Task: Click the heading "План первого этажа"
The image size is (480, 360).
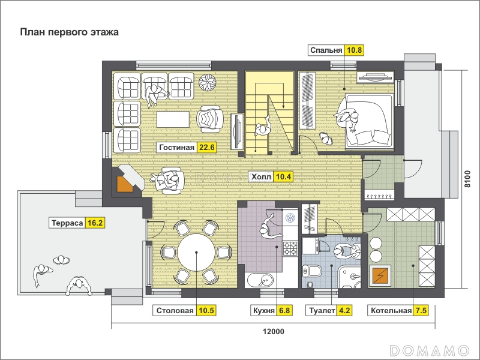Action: [69, 32]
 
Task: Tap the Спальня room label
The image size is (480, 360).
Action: [326, 50]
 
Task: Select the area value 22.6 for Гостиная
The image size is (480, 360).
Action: [207, 147]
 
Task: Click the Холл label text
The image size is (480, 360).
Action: [261, 176]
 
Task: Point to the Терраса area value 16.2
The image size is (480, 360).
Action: [95, 223]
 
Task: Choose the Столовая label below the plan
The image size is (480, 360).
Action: [175, 311]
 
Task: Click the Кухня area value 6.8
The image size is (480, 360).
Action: [284, 311]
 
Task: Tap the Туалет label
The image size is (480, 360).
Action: [322, 311]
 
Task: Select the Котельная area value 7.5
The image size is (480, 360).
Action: [421, 311]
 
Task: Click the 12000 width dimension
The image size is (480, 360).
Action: [274, 332]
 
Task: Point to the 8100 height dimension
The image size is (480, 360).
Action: [467, 179]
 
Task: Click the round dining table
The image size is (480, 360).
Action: [197, 253]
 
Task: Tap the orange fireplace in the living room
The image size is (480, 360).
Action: [125, 184]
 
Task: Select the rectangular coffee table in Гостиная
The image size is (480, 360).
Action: [173, 119]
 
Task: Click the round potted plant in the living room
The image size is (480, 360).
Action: [207, 82]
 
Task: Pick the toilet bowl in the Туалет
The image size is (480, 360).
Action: [312, 271]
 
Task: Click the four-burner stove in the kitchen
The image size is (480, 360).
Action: [290, 248]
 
